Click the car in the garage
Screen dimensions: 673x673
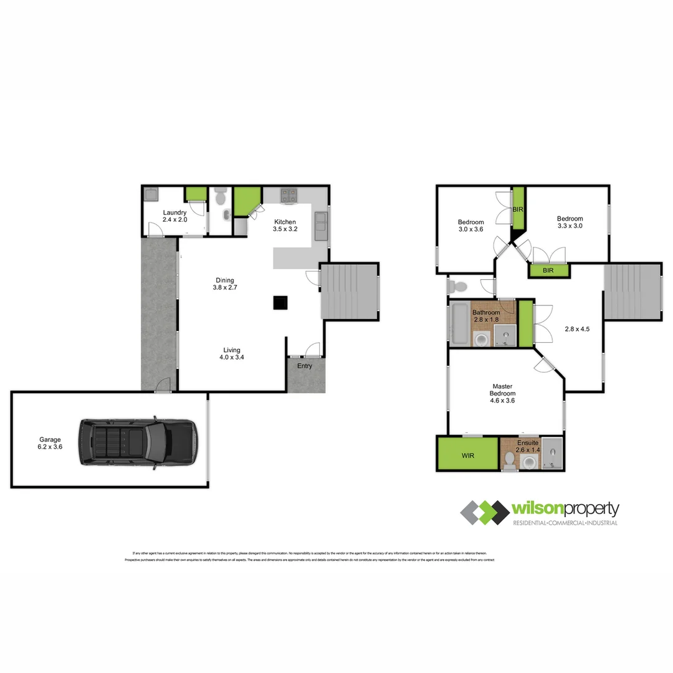tap(137, 442)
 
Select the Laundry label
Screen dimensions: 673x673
tap(174, 216)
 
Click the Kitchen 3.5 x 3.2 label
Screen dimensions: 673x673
tap(284, 226)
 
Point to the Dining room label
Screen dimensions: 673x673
tap(224, 284)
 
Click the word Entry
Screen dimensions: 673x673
tap(305, 366)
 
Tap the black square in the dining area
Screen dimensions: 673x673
tap(280, 302)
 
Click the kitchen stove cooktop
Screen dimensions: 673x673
tap(289, 195)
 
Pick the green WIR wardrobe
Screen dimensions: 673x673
tap(467, 456)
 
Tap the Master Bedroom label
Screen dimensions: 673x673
tap(502, 393)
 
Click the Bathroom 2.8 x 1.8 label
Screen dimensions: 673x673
tap(485, 316)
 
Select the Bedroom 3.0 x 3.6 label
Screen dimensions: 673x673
tap(470, 226)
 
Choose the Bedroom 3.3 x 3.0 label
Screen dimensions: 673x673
tap(570, 222)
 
